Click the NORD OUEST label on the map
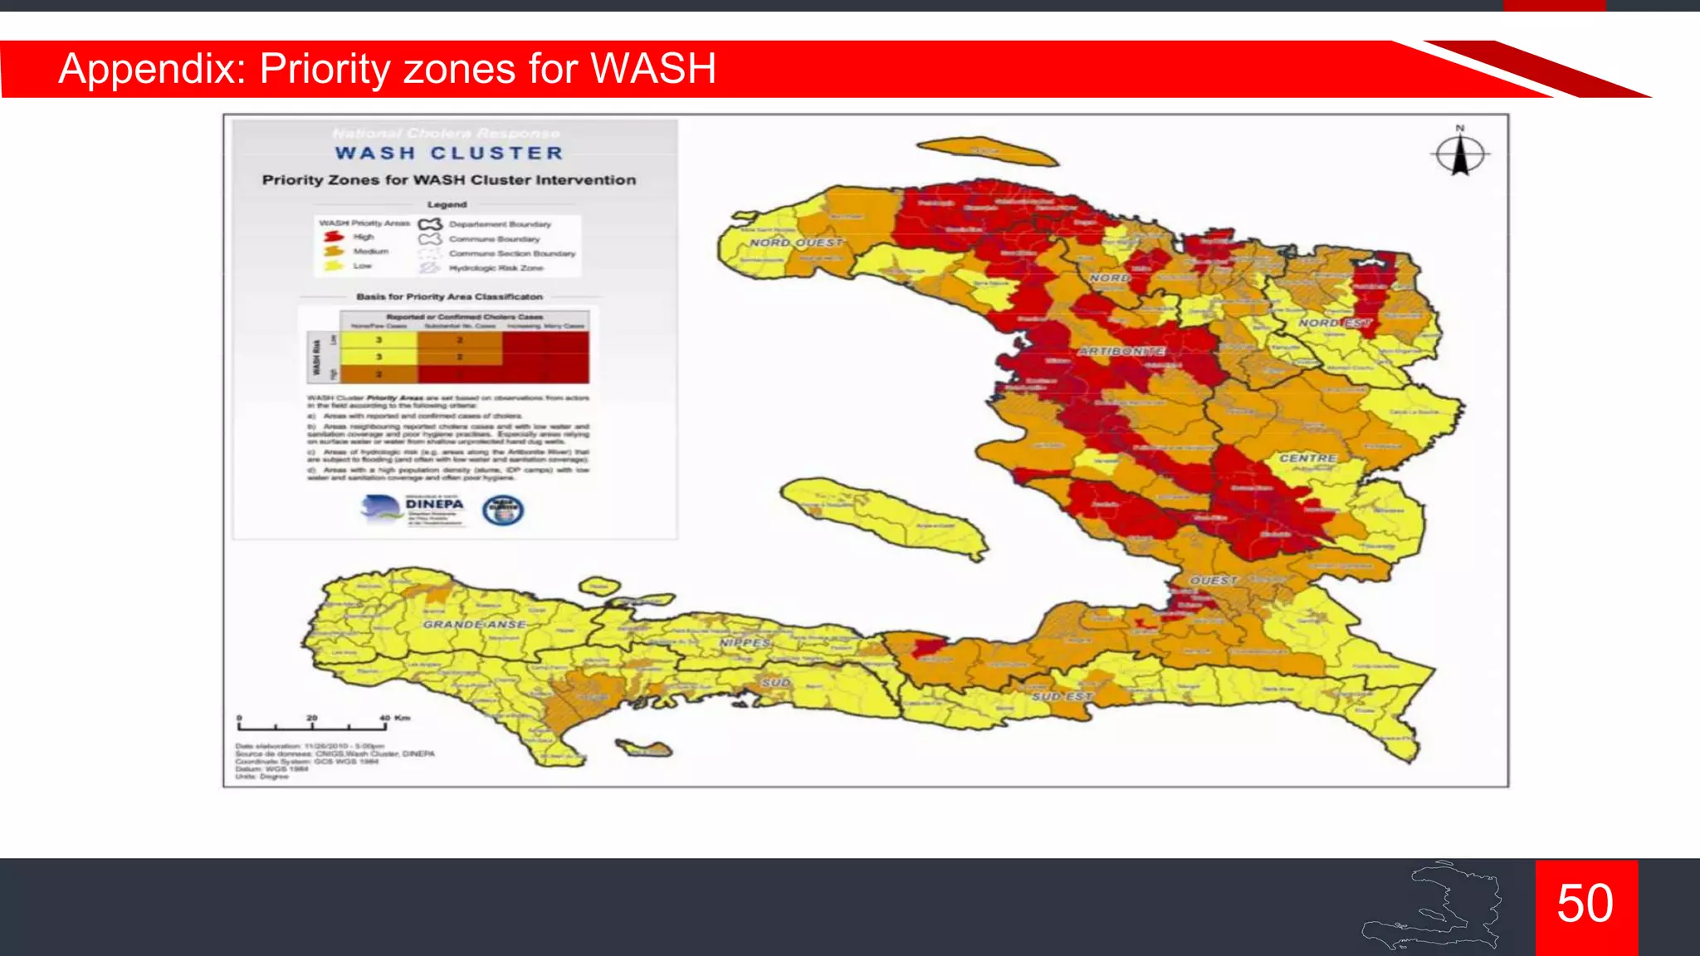coord(796,242)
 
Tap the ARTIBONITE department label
coord(1121,351)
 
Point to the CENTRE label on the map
coord(1307,458)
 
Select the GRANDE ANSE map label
coord(474,624)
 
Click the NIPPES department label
coord(745,643)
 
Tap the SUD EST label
coord(1062,696)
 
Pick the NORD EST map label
coord(1334,323)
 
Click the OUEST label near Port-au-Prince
coord(1214,580)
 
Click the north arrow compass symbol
coord(1460,154)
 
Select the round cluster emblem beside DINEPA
coord(503,510)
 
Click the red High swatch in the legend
coord(334,237)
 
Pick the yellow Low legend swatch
coord(334,266)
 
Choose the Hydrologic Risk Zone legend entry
coord(496,268)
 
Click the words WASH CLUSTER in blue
coord(449,154)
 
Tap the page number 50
coord(1585,904)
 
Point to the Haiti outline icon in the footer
coord(1433,907)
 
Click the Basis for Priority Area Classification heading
coord(449,296)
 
